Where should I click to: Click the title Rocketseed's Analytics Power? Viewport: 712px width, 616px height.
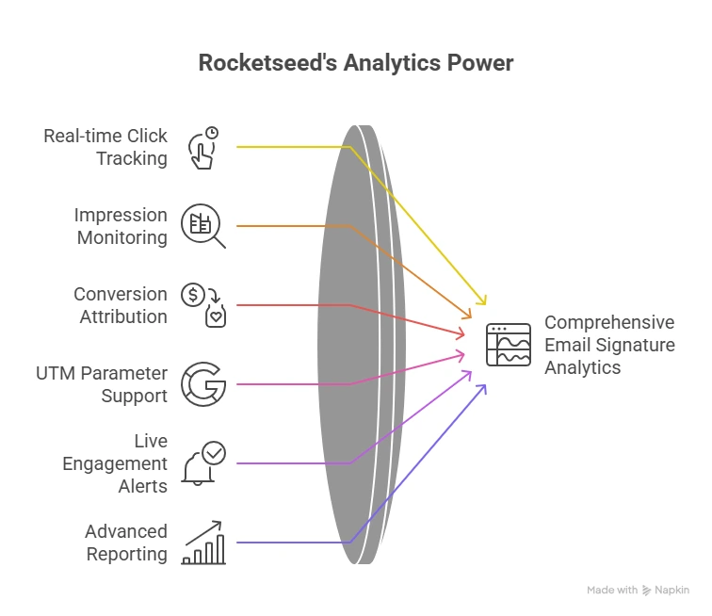pos(356,64)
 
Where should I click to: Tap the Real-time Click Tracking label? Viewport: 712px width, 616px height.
pos(105,147)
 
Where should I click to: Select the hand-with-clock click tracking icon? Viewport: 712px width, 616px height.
pos(203,148)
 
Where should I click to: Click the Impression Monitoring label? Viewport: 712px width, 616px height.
pos(121,226)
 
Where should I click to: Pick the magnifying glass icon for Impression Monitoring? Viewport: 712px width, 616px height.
pos(203,226)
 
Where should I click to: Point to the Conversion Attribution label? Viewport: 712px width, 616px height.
pos(121,305)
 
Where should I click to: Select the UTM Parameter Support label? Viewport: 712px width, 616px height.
pos(102,384)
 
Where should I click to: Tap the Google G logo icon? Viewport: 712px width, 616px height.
pos(203,384)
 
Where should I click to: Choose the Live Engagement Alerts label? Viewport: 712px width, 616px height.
pos(115,463)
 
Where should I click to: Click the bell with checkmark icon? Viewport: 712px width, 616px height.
pos(203,463)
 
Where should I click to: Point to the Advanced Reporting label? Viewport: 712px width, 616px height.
pos(126,543)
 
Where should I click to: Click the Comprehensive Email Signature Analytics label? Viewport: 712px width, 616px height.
pos(609,345)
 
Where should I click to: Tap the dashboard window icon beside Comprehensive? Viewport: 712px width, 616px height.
pos(509,345)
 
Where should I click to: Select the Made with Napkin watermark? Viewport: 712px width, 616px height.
pos(639,591)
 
